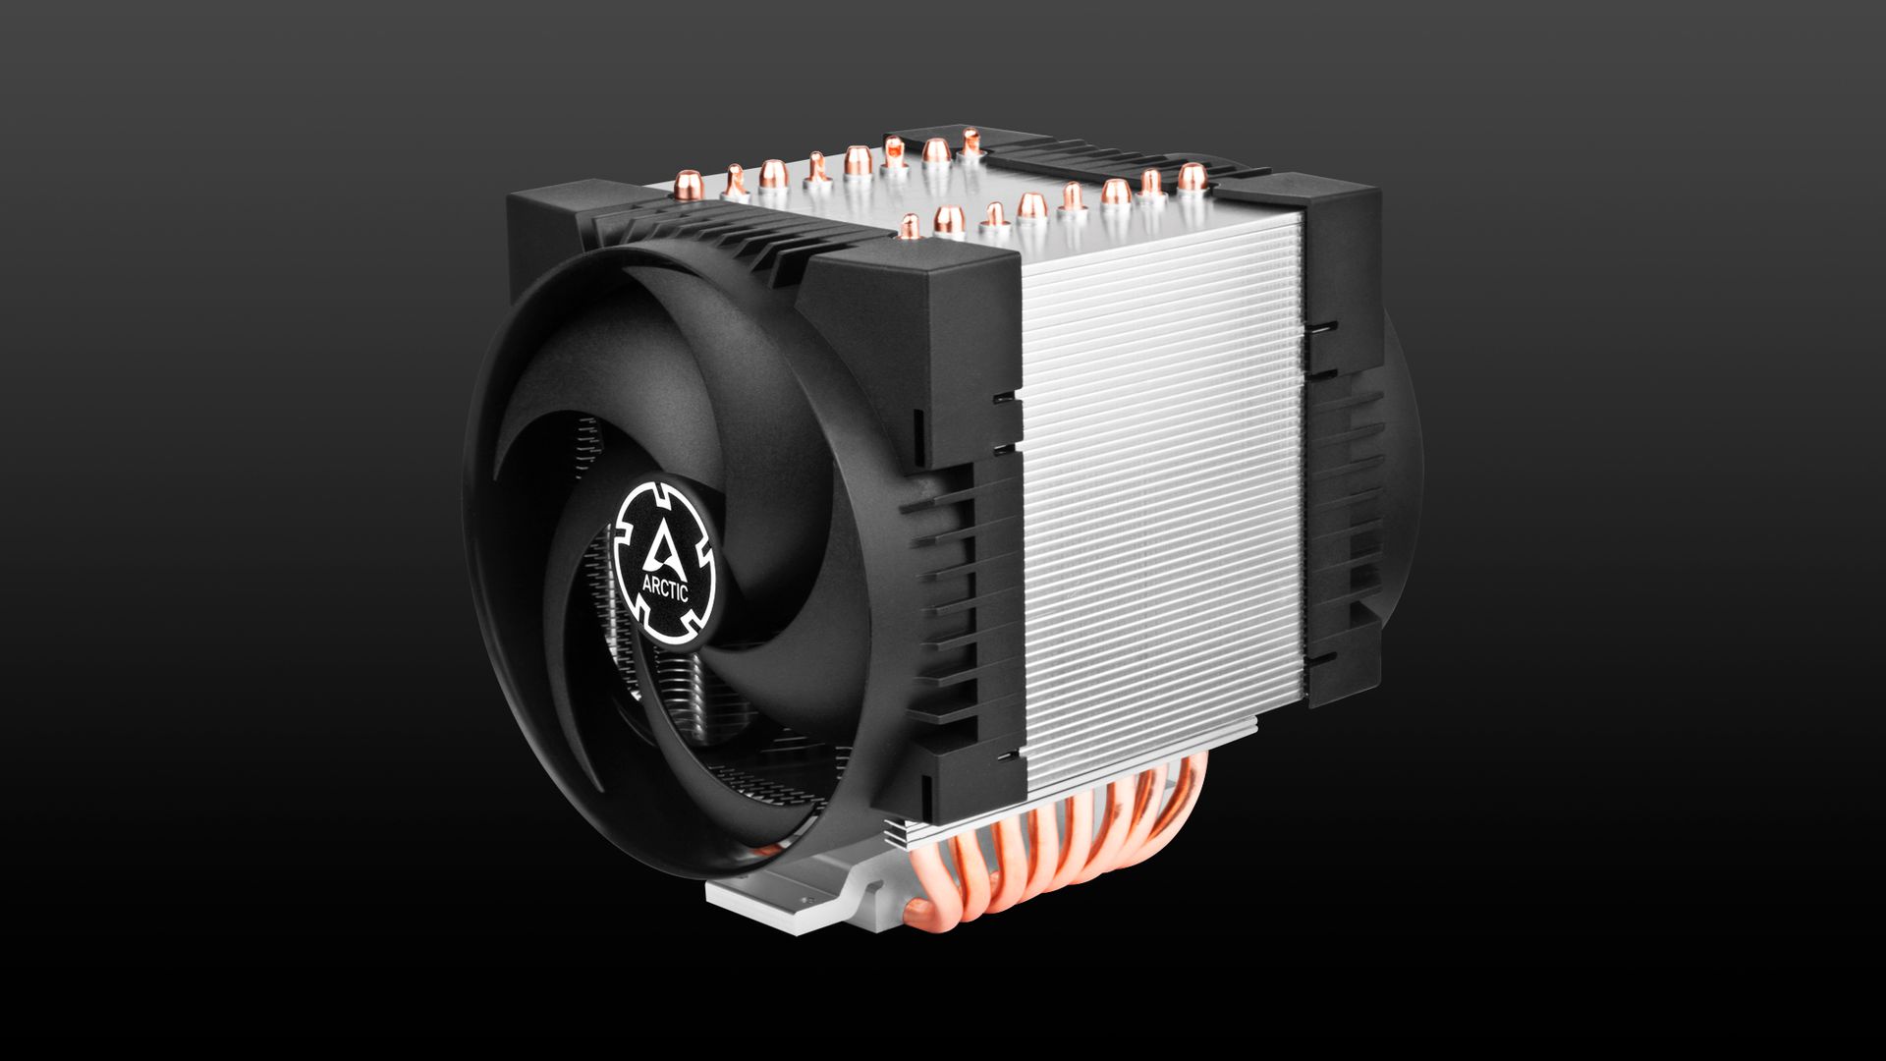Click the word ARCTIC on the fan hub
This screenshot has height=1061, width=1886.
click(x=665, y=588)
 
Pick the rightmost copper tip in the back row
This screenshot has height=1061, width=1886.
click(x=971, y=141)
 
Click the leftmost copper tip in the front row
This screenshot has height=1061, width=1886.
click(x=911, y=226)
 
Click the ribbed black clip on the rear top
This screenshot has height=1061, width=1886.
click(x=1081, y=157)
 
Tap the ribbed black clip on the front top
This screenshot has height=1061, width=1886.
click(x=707, y=241)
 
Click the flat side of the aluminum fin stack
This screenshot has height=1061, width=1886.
click(x=1159, y=491)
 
